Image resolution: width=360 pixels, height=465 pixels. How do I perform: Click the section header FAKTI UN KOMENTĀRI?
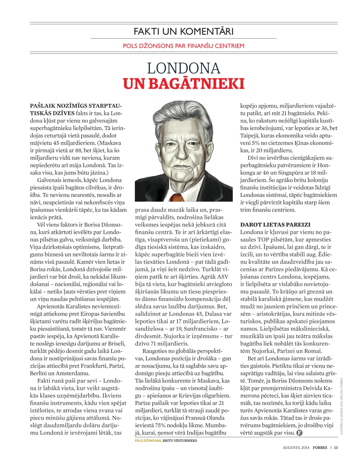click(183, 31)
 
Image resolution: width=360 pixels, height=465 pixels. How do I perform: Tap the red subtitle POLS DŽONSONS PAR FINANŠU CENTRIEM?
click(183, 46)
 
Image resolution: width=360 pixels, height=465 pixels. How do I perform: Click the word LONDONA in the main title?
click(183, 68)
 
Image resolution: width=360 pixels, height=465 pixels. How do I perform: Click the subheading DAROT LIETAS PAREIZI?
click(275, 225)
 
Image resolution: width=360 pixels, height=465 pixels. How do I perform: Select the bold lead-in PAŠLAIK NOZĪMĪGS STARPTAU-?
click(76, 106)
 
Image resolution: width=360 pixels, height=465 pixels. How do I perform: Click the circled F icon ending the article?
click(299, 433)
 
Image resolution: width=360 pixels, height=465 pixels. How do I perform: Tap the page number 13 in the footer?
click(336, 448)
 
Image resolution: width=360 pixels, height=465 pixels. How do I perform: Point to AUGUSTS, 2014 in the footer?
click(296, 448)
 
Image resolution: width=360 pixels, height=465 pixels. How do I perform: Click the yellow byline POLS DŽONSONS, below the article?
click(148, 440)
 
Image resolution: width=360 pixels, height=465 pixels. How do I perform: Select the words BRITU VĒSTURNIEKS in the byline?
click(180, 440)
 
